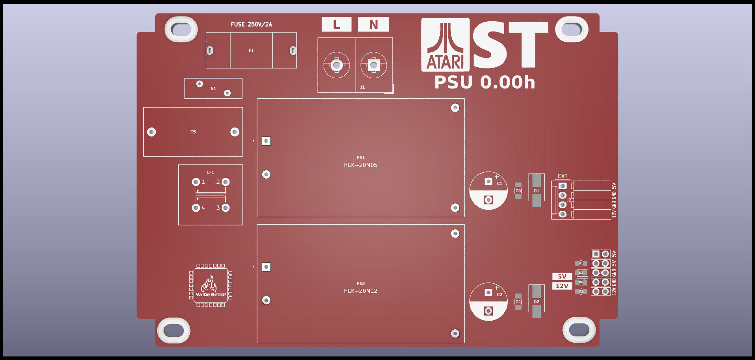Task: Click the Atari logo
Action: pos(445,45)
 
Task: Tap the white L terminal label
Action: pos(336,24)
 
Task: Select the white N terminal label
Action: pos(373,24)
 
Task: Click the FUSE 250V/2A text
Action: pos(251,24)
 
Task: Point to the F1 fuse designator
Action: pos(251,50)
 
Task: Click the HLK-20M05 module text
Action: pos(361,165)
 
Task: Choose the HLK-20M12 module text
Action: pos(361,291)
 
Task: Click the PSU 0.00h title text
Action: pos(485,82)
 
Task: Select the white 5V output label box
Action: pos(562,276)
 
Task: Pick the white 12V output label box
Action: pos(562,286)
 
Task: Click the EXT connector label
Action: pos(563,176)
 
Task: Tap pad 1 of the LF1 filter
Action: pos(196,182)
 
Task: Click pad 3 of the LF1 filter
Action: pos(226,208)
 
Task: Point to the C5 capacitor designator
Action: pos(193,132)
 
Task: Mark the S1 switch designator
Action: pos(213,89)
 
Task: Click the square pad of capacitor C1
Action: pos(489,181)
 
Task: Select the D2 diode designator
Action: pos(537,302)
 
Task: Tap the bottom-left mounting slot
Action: pos(174,330)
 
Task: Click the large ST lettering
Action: pos(510,45)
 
